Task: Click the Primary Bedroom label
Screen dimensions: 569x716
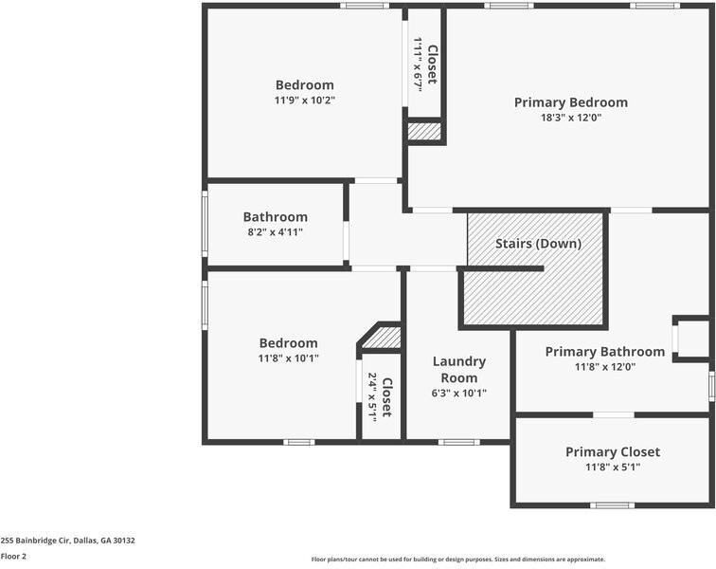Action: pos(570,102)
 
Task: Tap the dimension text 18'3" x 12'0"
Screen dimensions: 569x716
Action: pos(570,119)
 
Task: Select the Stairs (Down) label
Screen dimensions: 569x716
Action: pos(538,244)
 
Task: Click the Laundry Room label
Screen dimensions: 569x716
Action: pos(458,369)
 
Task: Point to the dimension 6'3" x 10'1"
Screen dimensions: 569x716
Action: pos(458,393)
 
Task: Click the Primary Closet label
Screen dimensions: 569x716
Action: pos(612,451)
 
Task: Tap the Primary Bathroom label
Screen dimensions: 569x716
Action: pos(604,352)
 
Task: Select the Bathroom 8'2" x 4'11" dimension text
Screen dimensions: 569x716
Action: pos(275,231)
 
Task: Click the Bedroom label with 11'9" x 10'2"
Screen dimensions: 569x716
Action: pos(304,84)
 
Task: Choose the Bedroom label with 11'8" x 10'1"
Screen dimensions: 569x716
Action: pos(288,343)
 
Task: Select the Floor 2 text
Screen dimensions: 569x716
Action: pos(13,557)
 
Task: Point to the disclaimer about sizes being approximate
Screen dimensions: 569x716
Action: pos(457,560)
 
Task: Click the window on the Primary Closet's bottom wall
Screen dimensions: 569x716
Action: pos(612,505)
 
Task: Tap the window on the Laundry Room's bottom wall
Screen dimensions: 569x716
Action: pos(458,442)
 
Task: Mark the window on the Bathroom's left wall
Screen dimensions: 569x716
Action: pos(205,223)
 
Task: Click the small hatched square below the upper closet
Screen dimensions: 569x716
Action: pos(424,132)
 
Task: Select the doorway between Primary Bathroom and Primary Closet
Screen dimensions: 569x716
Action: pos(614,414)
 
